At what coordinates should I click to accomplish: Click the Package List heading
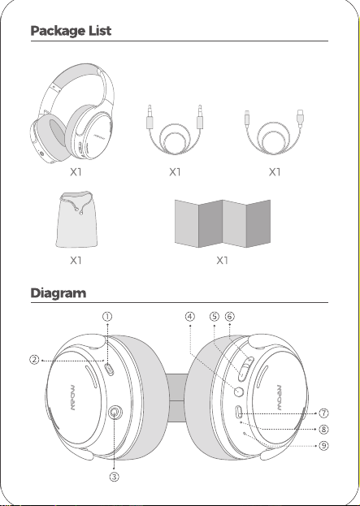click(71, 31)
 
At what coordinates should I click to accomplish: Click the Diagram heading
click(59, 293)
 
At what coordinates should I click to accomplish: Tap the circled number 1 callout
click(107, 317)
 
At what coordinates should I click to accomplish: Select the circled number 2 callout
click(34, 360)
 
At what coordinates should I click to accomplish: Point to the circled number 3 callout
click(114, 476)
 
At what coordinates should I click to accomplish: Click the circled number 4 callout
click(190, 317)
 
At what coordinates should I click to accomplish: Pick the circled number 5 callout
click(215, 317)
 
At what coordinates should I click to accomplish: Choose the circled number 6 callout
click(229, 317)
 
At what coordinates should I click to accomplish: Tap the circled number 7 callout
click(323, 413)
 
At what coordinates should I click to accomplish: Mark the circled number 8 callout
click(323, 429)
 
